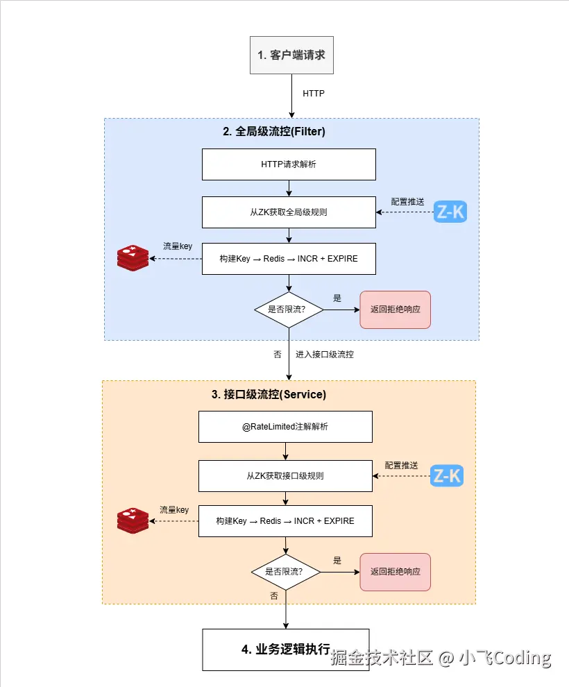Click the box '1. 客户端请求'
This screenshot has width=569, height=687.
(291, 55)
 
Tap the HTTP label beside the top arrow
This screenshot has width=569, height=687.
(313, 93)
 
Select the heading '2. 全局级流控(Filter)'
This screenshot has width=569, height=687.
(274, 131)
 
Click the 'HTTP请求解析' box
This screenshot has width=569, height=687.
(289, 164)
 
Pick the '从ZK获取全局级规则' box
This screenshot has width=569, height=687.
(289, 212)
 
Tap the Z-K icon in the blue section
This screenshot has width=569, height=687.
(450, 212)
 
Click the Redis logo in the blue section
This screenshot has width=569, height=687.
(133, 258)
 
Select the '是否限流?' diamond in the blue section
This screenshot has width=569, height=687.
(289, 309)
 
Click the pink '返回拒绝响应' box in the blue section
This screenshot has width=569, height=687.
(395, 309)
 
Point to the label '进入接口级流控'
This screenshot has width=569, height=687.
(325, 354)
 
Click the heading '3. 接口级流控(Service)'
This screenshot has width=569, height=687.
(269, 394)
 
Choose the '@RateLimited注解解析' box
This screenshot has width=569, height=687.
(285, 427)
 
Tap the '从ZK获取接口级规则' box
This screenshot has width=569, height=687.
(285, 476)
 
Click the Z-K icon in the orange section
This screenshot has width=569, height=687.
(446, 476)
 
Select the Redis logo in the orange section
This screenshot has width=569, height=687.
(133, 520)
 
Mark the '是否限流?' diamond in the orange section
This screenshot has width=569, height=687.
(285, 572)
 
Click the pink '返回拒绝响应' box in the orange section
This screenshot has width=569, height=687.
(395, 572)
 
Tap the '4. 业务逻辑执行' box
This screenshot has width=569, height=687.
(285, 650)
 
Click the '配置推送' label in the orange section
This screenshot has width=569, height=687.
(402, 465)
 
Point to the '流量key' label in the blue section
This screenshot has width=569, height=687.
(178, 246)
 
